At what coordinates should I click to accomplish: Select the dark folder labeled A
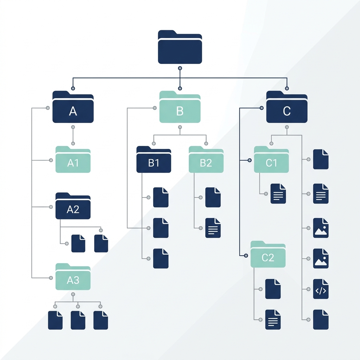click(73, 107)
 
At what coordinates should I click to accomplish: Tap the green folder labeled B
click(180, 107)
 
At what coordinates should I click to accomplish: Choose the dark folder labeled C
click(287, 107)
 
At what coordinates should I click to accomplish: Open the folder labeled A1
click(73, 160)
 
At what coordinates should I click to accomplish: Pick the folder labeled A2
click(73, 206)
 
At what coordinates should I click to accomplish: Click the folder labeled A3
click(73, 277)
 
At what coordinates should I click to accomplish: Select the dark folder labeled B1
click(154, 160)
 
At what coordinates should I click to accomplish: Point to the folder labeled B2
click(206, 160)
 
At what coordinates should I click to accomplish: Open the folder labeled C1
click(271, 160)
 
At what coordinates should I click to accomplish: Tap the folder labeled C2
click(268, 254)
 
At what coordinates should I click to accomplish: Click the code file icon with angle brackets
click(321, 289)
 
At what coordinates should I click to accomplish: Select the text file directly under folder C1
click(278, 194)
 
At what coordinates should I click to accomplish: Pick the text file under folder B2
click(213, 228)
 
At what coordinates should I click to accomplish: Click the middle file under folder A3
click(78, 320)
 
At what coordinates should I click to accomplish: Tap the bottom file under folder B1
click(161, 258)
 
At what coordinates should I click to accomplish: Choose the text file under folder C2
click(273, 320)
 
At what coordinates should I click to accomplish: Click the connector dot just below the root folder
click(180, 68)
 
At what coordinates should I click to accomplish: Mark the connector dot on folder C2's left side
click(246, 256)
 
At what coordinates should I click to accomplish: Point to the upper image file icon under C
click(321, 228)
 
